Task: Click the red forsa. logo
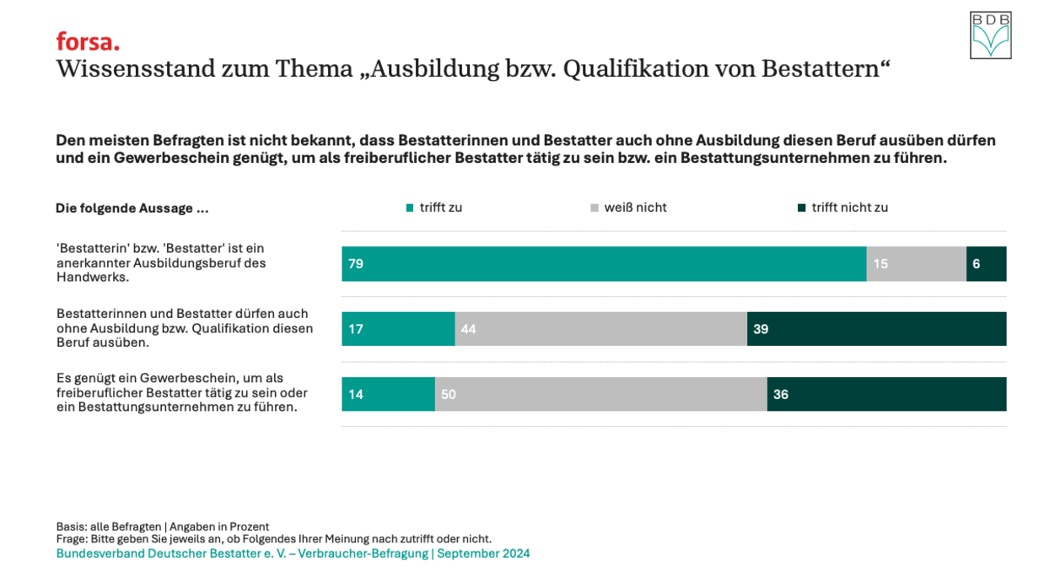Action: coord(88,41)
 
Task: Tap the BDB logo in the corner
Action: coord(990,35)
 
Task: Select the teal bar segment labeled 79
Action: coord(604,264)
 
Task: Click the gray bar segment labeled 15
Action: coord(916,264)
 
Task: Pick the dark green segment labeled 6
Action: coord(986,264)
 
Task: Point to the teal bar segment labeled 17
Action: coord(398,329)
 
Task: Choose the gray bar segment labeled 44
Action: coord(600,329)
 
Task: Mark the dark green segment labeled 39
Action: coord(876,329)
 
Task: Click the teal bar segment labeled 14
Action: coord(388,394)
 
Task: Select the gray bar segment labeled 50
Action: coord(600,394)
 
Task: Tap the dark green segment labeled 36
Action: coord(886,394)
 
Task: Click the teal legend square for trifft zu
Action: coord(410,208)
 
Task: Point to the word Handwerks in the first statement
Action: coord(93,277)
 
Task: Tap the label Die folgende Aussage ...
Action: coord(132,208)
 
